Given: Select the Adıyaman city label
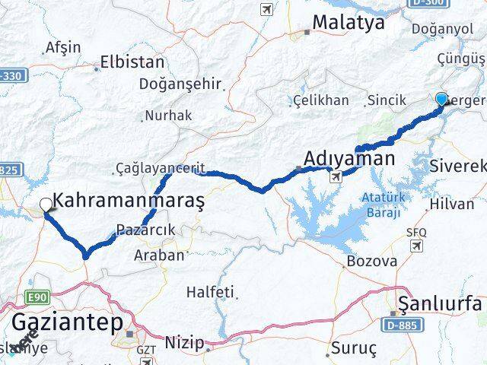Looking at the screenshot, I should pos(349,159).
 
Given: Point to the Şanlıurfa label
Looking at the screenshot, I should pos(441,303).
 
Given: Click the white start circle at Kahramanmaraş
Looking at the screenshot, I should pos(46,204).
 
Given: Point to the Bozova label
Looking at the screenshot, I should pos(371,261).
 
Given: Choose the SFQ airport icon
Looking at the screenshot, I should pos(416,245).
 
